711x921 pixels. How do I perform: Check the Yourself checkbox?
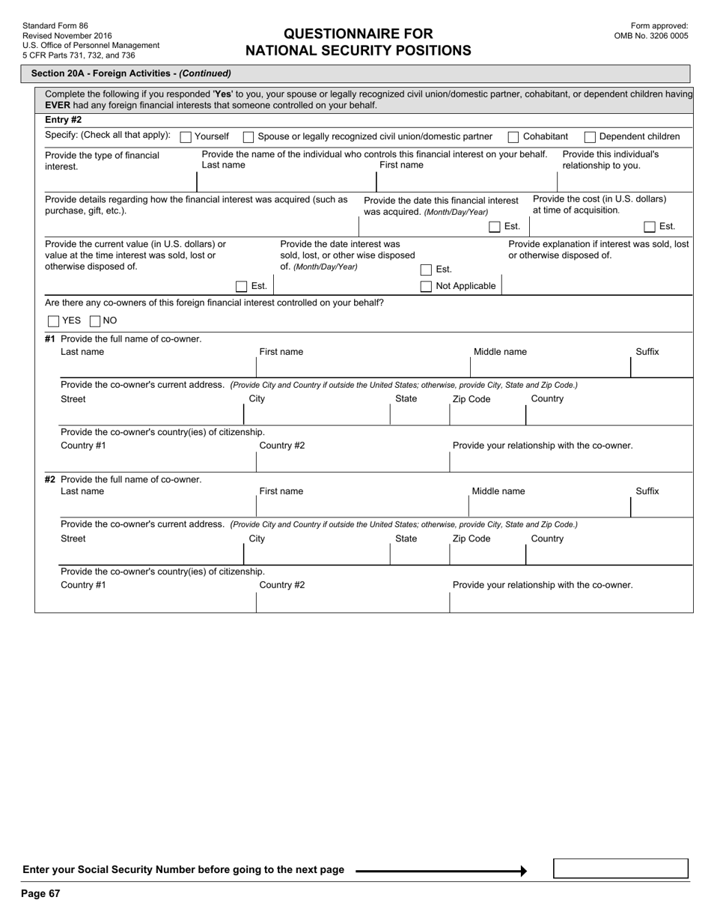[x=186, y=137]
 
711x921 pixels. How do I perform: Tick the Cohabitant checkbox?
[x=513, y=137]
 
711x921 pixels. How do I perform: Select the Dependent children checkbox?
[x=590, y=137]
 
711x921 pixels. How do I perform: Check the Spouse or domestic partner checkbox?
[x=248, y=137]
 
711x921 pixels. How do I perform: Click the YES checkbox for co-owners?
[x=53, y=321]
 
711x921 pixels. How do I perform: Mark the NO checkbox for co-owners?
[x=95, y=321]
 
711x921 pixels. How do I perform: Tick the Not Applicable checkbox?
[x=426, y=286]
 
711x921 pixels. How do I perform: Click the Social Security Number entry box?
[x=620, y=869]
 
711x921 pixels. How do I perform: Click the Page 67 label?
[x=40, y=893]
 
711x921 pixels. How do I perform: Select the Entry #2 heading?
[x=64, y=120]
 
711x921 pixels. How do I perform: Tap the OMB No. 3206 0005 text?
[x=650, y=36]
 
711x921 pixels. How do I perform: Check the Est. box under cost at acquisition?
[x=650, y=227]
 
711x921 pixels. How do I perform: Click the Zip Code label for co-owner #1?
[x=472, y=399]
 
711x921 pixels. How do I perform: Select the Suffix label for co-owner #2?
[x=647, y=491]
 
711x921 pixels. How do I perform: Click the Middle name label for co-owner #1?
[x=500, y=352]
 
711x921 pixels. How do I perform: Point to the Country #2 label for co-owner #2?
[x=282, y=585]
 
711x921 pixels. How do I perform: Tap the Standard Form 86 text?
[x=55, y=25]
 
